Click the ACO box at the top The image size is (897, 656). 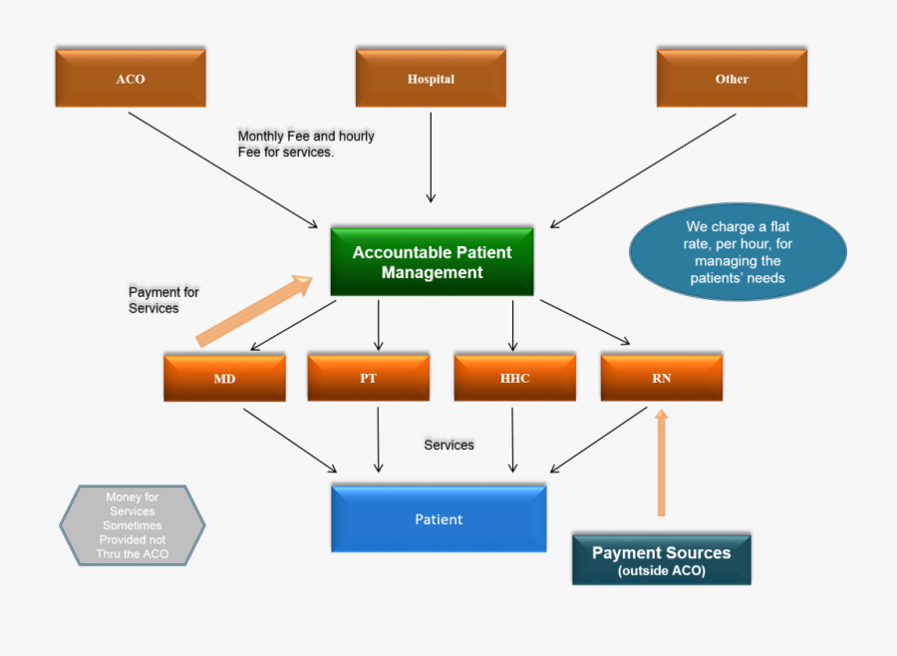(130, 79)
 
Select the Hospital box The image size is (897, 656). (431, 79)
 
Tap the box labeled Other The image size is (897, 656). (732, 79)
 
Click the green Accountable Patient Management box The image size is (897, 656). (432, 262)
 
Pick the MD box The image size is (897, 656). (224, 378)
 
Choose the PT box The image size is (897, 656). (368, 378)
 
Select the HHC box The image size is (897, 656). (514, 378)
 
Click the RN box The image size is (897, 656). (662, 378)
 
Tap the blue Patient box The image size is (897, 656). (439, 519)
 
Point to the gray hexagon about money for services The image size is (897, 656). (133, 525)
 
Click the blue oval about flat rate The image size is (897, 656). (738, 252)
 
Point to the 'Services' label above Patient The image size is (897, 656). (448, 445)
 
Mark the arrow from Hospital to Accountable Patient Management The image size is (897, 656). (431, 157)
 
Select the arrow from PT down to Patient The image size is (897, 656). (378, 438)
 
